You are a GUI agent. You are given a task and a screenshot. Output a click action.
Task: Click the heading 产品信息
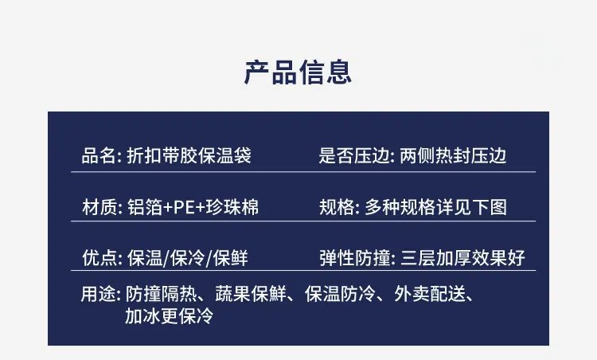point(298,72)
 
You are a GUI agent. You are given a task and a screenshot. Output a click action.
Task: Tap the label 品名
point(99,156)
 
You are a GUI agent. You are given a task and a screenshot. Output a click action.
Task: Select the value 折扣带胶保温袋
point(189,156)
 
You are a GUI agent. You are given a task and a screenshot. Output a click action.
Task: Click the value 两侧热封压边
point(453,156)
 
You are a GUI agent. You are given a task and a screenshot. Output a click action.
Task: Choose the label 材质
point(99,208)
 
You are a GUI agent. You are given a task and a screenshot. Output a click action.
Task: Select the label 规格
point(337,208)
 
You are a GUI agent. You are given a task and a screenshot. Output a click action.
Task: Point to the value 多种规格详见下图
point(436,208)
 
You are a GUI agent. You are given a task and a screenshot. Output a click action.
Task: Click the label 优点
point(99,258)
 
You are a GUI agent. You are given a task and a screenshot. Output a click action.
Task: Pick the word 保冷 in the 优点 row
point(188,258)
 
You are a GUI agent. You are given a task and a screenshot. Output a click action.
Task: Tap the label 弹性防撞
point(355,258)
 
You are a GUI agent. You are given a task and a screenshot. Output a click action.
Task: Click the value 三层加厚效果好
point(463,258)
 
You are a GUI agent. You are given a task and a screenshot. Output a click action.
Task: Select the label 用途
point(98,294)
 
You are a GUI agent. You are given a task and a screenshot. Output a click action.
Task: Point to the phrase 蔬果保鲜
point(251,294)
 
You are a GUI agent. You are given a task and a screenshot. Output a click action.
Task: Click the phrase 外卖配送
point(430,294)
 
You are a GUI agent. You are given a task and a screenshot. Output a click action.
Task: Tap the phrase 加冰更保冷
point(170,316)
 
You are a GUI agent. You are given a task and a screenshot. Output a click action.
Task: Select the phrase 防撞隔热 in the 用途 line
point(162,294)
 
